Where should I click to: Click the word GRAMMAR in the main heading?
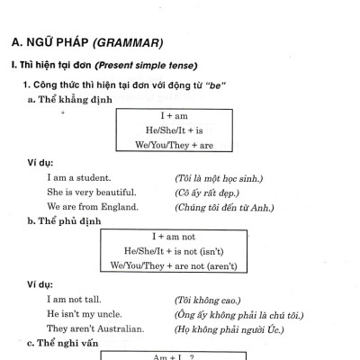(x=126, y=41)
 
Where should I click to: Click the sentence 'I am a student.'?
(x=79, y=178)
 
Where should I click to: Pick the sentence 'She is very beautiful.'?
(x=91, y=193)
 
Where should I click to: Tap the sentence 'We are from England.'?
(x=92, y=207)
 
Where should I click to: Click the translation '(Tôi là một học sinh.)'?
(x=218, y=178)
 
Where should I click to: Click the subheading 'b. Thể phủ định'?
(x=65, y=220)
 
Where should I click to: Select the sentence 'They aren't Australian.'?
(x=95, y=328)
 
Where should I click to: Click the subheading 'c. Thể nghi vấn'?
(x=65, y=343)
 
